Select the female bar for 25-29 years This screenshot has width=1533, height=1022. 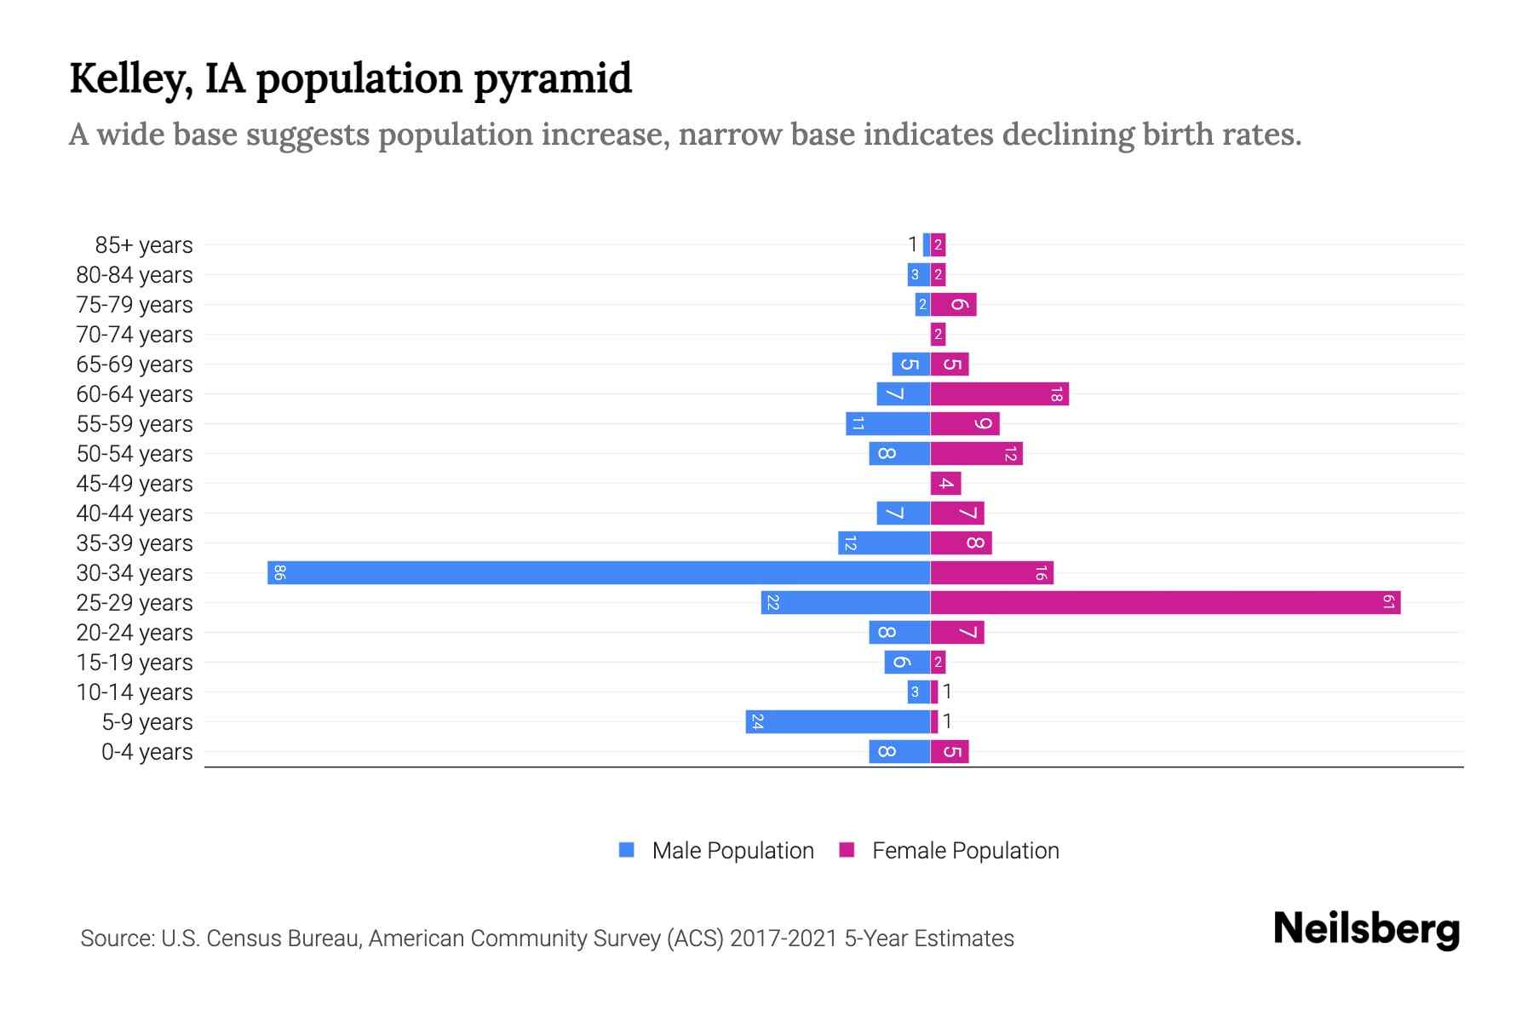tap(1165, 603)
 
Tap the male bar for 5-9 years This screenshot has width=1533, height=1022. tap(838, 722)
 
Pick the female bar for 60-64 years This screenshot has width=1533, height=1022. tap(1000, 394)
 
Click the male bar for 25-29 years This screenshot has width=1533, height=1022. tap(846, 603)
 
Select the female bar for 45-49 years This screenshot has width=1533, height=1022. tap(945, 484)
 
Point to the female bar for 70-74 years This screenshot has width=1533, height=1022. tap(938, 335)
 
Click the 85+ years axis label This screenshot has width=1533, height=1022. tap(143, 245)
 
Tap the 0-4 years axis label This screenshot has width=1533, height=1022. tap(146, 752)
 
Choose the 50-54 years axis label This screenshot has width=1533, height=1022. tap(135, 454)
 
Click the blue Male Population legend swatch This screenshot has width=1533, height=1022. tap(627, 850)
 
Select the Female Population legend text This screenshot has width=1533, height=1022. tap(965, 851)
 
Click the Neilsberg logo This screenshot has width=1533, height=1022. tap(1366, 929)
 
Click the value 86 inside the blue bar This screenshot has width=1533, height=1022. tap(279, 572)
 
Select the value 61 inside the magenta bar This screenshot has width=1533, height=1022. tap(1388, 603)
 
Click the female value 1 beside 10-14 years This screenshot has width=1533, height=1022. tap(946, 692)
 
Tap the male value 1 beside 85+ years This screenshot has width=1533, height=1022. tap(912, 245)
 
